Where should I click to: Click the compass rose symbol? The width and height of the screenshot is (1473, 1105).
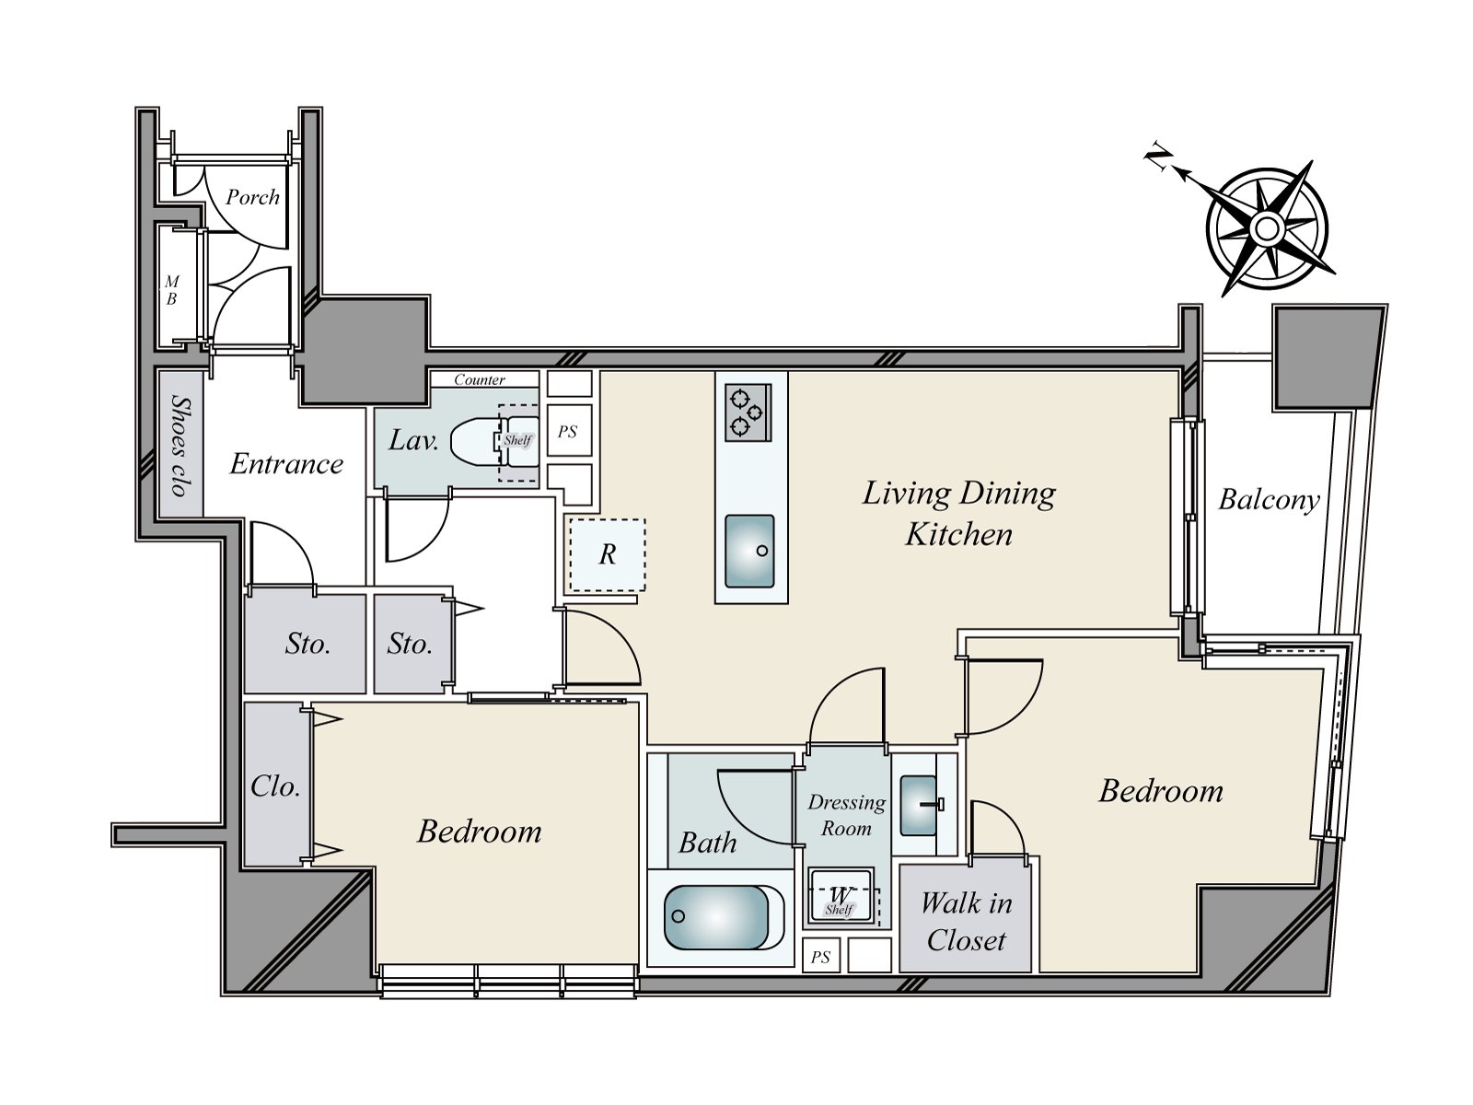click(1266, 229)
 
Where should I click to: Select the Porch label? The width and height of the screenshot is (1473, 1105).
click(252, 197)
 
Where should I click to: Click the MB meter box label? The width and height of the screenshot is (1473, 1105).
click(172, 290)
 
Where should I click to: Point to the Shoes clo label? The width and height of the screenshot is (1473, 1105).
click(180, 446)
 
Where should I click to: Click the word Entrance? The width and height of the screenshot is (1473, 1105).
click(286, 463)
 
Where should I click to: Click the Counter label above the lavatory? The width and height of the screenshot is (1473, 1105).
click(480, 379)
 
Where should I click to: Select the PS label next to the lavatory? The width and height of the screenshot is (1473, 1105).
click(567, 431)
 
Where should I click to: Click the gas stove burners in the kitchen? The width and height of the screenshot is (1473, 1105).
click(748, 413)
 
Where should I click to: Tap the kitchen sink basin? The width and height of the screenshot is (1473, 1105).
click(749, 551)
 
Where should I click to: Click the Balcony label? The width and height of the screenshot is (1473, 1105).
click(1269, 500)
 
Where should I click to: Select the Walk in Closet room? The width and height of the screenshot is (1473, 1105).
click(965, 918)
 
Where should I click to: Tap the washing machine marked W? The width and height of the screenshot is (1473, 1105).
click(841, 897)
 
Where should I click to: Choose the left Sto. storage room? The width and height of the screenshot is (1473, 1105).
click(306, 644)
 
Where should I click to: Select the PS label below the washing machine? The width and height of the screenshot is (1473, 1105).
click(820, 958)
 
